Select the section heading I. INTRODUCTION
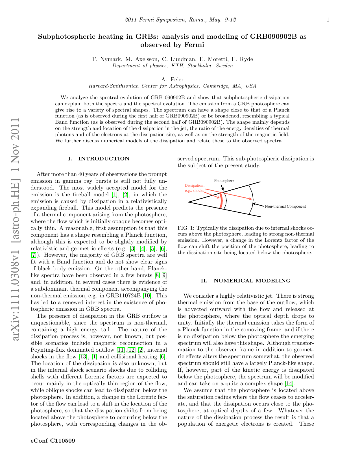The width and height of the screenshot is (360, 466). point(99,159)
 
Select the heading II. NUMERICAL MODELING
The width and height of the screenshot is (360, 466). point(246,281)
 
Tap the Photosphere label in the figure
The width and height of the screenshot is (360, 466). point(224,181)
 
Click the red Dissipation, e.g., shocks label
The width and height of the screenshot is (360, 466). point(194,188)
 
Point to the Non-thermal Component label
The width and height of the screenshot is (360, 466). point(285,206)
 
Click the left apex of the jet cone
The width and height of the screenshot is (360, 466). point(189,202)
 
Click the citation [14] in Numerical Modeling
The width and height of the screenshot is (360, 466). point(289,384)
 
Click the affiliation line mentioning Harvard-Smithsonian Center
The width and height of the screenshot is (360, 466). point(172,86)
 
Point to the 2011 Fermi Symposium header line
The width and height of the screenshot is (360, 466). point(180,20)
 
